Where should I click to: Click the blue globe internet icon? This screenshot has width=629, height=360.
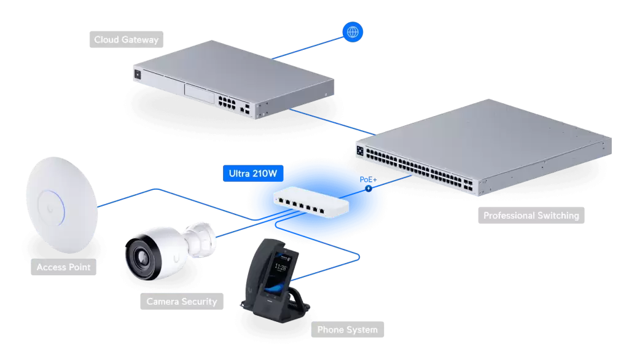[x=353, y=32]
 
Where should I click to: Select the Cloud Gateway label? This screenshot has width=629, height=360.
[x=127, y=39]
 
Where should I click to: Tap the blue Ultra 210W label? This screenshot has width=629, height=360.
[x=253, y=173]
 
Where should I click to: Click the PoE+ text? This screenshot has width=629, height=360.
[x=369, y=179]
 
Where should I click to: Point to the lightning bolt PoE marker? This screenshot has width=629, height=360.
[x=369, y=188]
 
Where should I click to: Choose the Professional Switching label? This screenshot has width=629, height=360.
[x=531, y=216]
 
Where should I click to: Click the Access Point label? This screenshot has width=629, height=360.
[x=63, y=267]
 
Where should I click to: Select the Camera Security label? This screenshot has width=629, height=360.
[x=182, y=302]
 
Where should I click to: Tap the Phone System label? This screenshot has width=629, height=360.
[x=348, y=329]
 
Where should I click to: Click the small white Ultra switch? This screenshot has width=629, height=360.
[x=311, y=202]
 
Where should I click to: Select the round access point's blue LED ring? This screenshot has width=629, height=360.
[x=52, y=208]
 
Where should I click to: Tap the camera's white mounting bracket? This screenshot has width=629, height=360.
[x=201, y=240]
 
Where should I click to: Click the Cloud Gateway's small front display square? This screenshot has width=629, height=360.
[x=138, y=74]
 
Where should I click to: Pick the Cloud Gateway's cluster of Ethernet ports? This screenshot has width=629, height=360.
[x=227, y=103]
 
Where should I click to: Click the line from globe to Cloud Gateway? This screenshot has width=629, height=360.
[x=308, y=48]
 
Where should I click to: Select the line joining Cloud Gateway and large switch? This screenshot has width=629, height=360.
[x=332, y=122]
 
